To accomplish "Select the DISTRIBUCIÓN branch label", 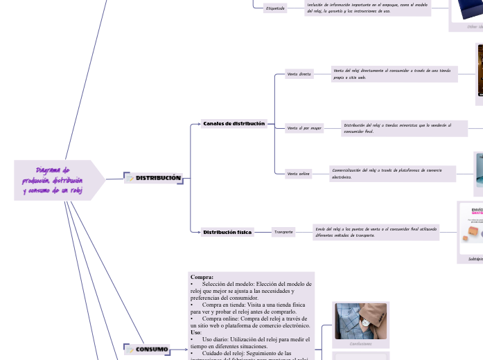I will click(158, 179).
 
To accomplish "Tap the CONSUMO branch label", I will click(152, 350).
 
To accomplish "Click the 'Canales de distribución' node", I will click(234, 124).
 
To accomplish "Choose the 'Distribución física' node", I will click(227, 233).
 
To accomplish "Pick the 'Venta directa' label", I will click(299, 73).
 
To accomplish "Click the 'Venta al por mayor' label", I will click(304, 128).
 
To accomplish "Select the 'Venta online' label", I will click(299, 174).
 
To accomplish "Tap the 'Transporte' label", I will click(283, 233).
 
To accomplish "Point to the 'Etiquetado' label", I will click(275, 8).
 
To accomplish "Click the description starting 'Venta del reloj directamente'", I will click(394, 74).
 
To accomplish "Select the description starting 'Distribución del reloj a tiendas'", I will click(404, 128).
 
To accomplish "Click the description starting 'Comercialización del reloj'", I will click(392, 174).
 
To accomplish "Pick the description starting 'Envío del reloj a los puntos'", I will click(376, 232).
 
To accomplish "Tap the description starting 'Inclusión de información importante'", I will click(367, 8).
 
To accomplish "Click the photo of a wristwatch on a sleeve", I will click(360, 321).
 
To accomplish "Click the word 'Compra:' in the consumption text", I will click(202, 278).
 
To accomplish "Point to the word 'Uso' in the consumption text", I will click(196, 332).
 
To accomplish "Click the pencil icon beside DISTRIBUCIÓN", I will click(130, 179).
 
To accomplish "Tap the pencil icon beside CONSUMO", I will click(130, 350).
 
